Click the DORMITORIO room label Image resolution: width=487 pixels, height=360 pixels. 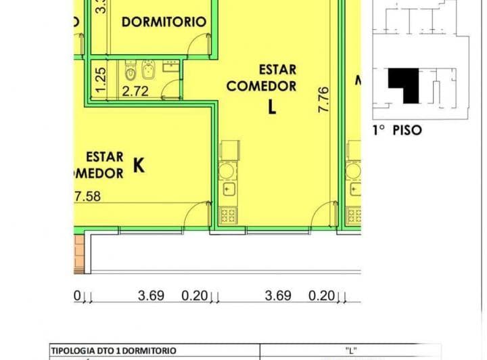pos(164,22)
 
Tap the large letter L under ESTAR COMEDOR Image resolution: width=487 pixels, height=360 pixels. pos(272,107)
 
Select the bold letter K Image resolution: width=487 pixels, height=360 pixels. pos(139,164)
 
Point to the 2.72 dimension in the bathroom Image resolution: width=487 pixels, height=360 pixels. pos(135,91)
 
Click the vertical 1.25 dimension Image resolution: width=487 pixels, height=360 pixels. pos(100,80)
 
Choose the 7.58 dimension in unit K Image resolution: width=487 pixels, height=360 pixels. pos(87,197)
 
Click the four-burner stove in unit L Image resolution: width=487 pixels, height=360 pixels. pos(229,216)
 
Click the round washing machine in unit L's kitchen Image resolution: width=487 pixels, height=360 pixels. pos(229,170)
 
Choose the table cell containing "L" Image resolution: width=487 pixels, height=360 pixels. pos(350,351)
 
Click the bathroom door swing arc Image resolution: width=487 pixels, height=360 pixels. pos(174,88)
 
